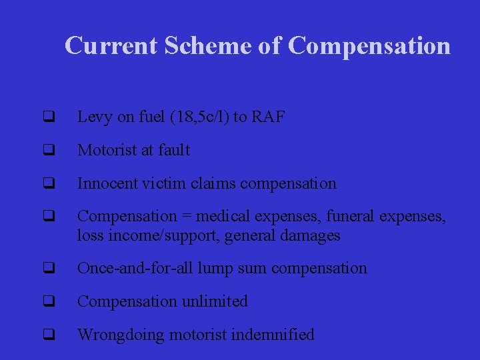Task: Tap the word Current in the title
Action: pos(111,45)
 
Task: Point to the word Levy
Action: pos(94,117)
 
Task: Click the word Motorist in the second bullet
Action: pos(107,151)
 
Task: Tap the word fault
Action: pos(172,151)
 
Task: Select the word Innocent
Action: pos(105,183)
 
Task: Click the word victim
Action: pos(158,183)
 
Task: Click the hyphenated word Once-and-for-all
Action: pos(125,268)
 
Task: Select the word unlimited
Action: pos(215,301)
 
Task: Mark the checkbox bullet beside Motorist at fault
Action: pos(48,151)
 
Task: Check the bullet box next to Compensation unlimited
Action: pos(48,301)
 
